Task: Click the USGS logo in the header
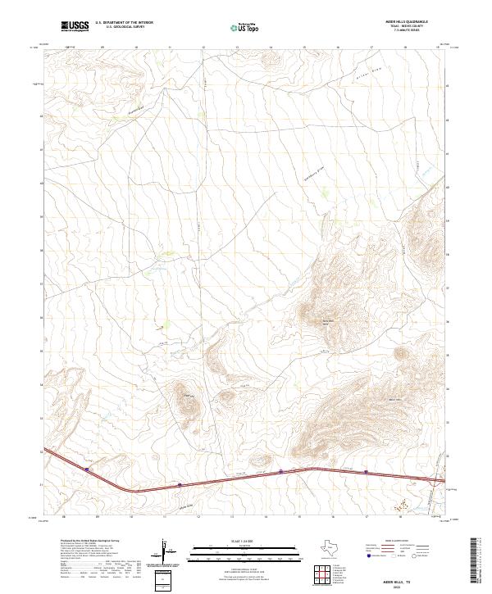(x=72, y=27)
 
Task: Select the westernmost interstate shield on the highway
(x=86, y=469)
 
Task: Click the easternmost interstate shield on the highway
(x=367, y=471)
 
